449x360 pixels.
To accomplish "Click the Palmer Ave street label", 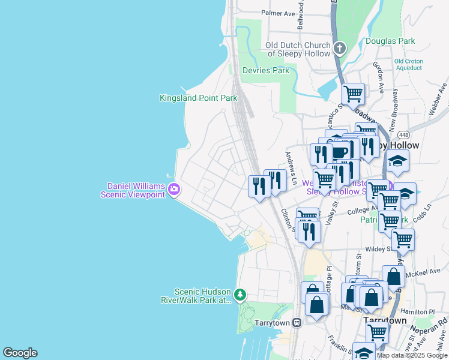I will tap(278, 13).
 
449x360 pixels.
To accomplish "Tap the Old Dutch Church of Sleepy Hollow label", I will tap(298, 49).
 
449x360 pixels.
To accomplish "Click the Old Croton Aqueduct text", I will tap(408, 65).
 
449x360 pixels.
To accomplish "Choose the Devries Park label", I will tap(265, 70).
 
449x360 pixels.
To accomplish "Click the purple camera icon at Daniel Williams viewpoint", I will tap(174, 190).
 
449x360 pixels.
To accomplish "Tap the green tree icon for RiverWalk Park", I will tap(240, 295).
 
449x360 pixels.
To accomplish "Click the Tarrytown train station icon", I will tap(297, 322).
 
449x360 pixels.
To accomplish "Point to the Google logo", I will tap(20, 353).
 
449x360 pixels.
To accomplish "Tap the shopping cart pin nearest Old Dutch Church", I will tap(353, 94).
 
